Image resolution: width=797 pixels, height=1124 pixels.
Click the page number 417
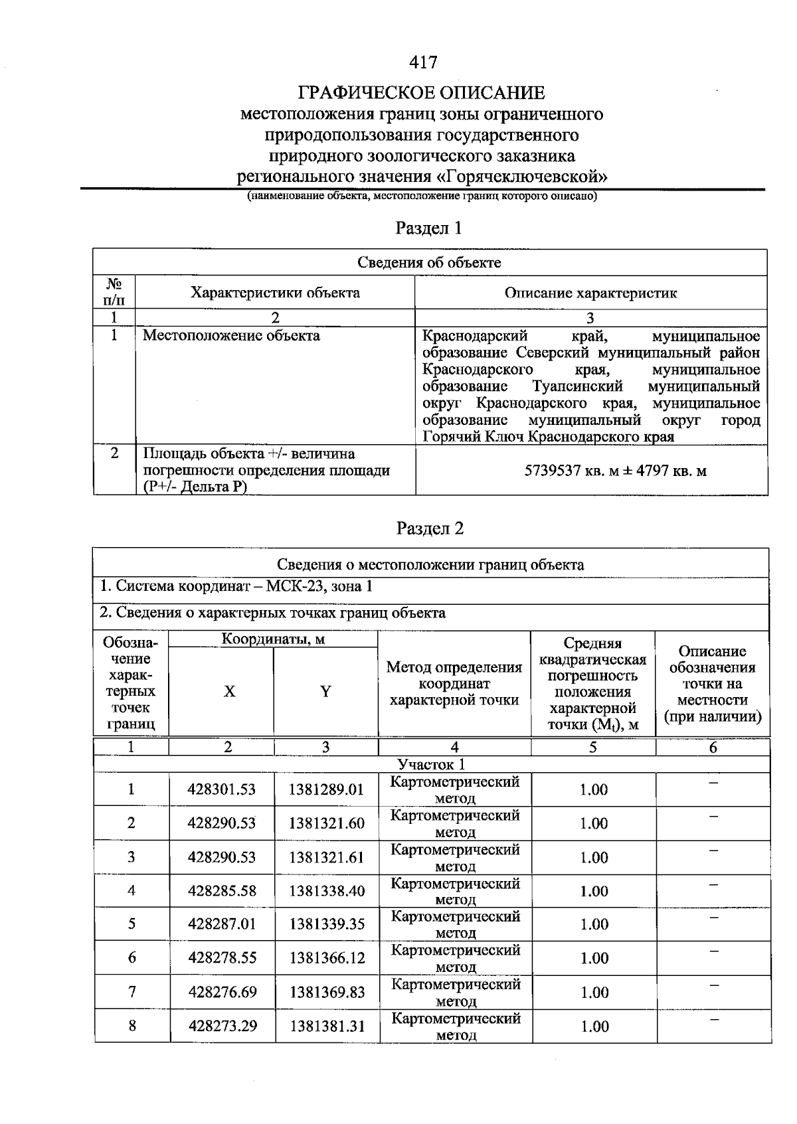[423, 62]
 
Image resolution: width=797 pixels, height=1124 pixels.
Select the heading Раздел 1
[428, 228]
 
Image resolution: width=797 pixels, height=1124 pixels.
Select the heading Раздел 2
[430, 528]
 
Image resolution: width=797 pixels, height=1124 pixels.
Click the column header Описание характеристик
[590, 293]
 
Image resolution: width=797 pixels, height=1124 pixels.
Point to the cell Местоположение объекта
[231, 336]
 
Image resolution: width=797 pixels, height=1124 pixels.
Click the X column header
[228, 692]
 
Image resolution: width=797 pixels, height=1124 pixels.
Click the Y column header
[325, 692]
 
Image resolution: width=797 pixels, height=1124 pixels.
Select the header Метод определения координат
[454, 684]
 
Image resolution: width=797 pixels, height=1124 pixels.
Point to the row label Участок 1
[431, 764]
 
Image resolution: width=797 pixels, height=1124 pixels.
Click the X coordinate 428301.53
[222, 789]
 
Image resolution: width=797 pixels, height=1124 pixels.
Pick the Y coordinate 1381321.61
[326, 857]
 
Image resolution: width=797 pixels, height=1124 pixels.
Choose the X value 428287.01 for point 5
[222, 924]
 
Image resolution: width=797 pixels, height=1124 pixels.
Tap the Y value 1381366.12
[326, 958]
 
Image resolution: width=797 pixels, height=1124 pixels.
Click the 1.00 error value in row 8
[594, 1026]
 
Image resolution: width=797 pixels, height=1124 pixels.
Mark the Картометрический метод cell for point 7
[455, 992]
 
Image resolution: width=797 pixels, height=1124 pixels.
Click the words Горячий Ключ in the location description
[466, 438]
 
